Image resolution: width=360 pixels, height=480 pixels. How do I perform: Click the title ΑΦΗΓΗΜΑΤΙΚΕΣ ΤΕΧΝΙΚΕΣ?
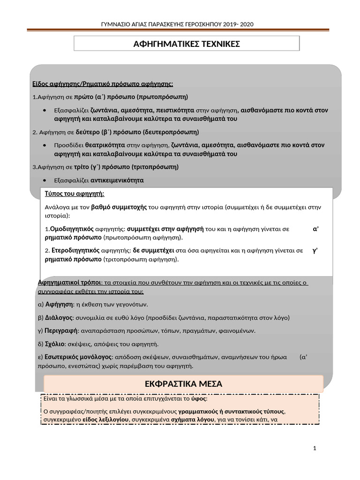pyautogui.click(x=187, y=44)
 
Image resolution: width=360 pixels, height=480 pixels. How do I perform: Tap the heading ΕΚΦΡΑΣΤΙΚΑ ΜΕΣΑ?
pyautogui.click(x=184, y=384)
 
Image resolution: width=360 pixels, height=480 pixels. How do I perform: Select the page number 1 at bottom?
pyautogui.click(x=315, y=449)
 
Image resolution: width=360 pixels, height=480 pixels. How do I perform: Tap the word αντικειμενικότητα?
pyautogui.click(x=117, y=180)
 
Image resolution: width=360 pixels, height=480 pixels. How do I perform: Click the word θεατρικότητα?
pyautogui.click(x=112, y=145)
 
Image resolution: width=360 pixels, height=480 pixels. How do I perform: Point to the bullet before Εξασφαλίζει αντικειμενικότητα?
pyautogui.click(x=44, y=180)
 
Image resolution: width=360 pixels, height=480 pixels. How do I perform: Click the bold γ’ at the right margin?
pyautogui.click(x=315, y=251)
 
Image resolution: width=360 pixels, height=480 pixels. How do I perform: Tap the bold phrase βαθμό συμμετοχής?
pyautogui.click(x=119, y=207)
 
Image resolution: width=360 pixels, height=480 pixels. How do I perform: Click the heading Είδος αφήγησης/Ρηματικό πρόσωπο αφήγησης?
pyautogui.click(x=103, y=84)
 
